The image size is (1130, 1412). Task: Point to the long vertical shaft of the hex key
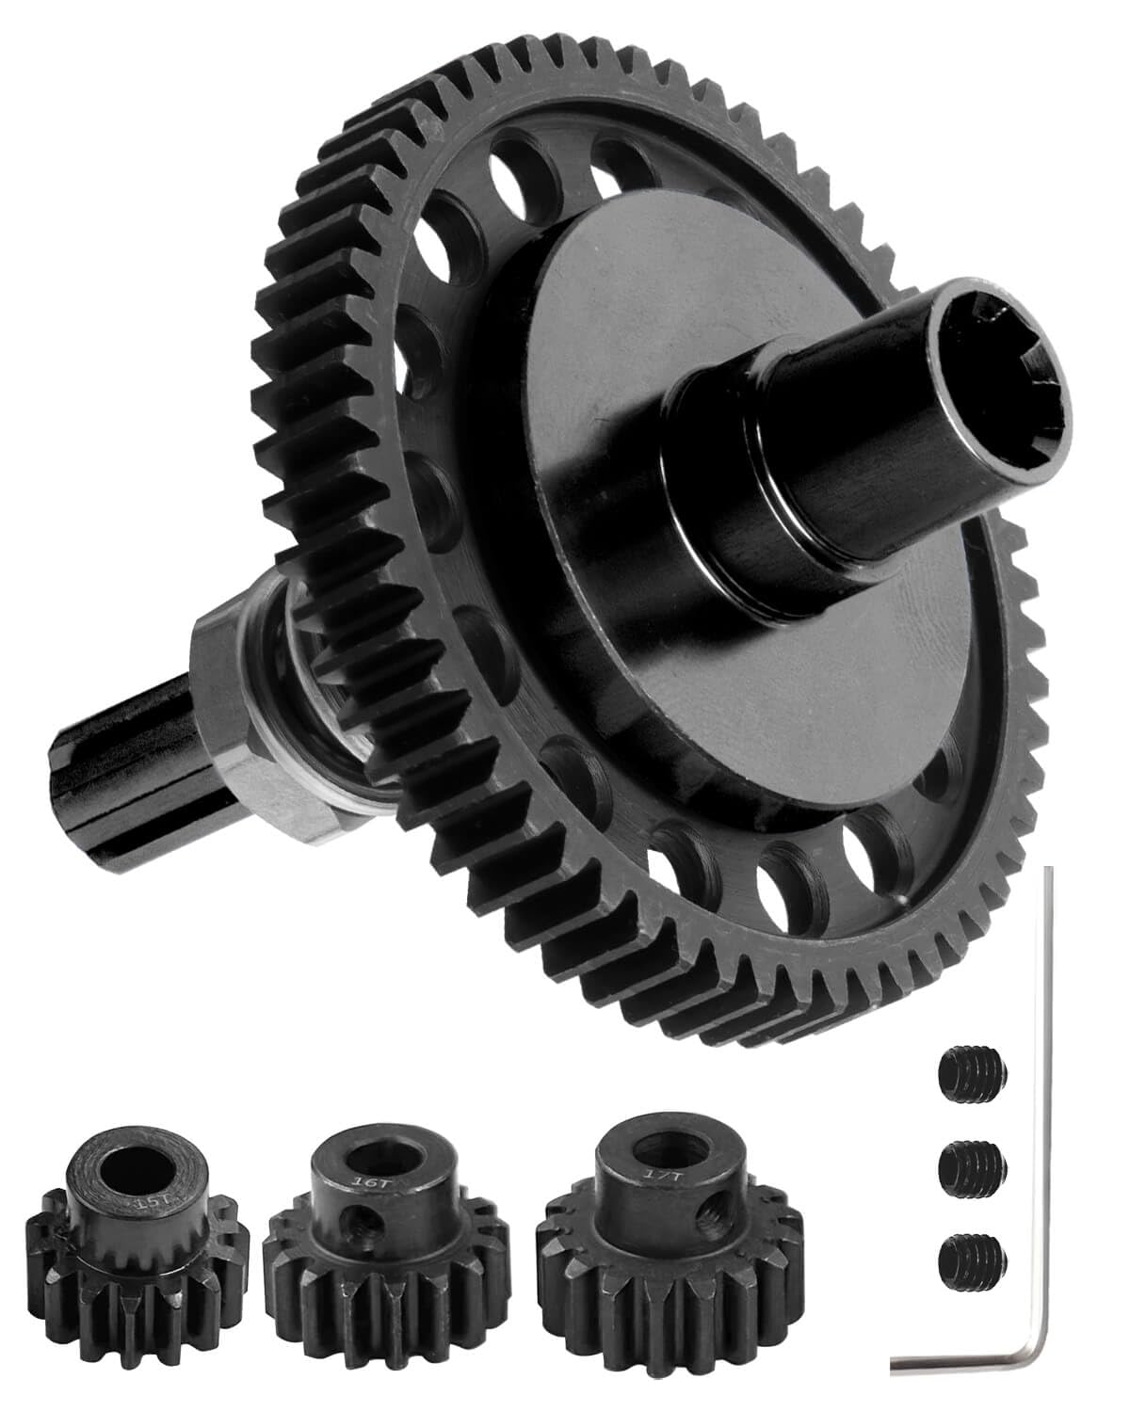pyautogui.click(x=1043, y=1083)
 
